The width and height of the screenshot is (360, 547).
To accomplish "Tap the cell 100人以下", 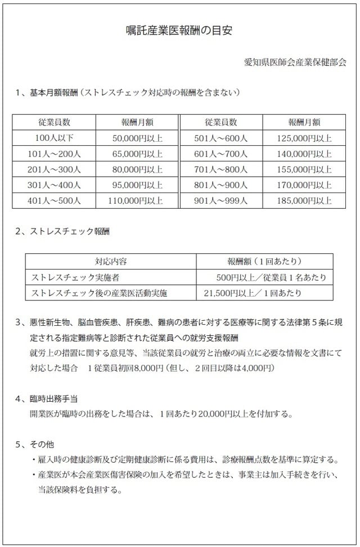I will pos(54,137).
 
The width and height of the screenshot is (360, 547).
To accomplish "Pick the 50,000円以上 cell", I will pos(137,137).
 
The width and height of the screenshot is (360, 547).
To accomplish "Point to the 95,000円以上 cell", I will pos(137,185).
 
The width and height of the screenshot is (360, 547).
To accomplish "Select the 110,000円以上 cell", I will pos(137,200).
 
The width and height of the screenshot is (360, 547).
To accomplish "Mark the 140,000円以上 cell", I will pos(304,153).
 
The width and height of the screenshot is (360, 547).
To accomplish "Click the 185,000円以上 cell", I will pos(304,200).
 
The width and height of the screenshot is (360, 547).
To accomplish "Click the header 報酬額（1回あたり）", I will pos(264,262).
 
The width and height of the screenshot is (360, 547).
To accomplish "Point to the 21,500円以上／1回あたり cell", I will pos(253,293).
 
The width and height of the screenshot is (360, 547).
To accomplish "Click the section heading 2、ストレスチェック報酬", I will pos(64,231).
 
